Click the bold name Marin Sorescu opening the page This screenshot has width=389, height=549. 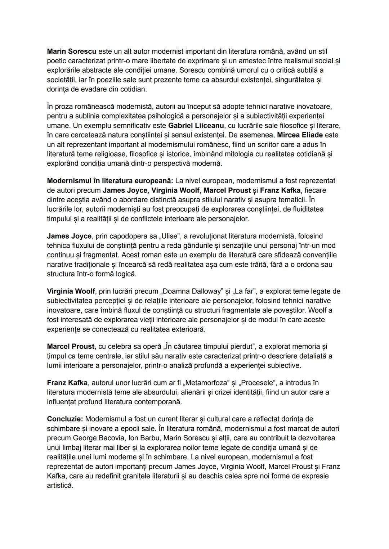(71, 51)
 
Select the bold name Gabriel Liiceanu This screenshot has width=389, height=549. (196, 126)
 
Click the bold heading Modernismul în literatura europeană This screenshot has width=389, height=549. (110, 181)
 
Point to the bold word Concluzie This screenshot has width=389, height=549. (65, 419)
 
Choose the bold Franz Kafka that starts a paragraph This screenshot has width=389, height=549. (67, 383)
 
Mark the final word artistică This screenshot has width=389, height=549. (60, 486)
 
